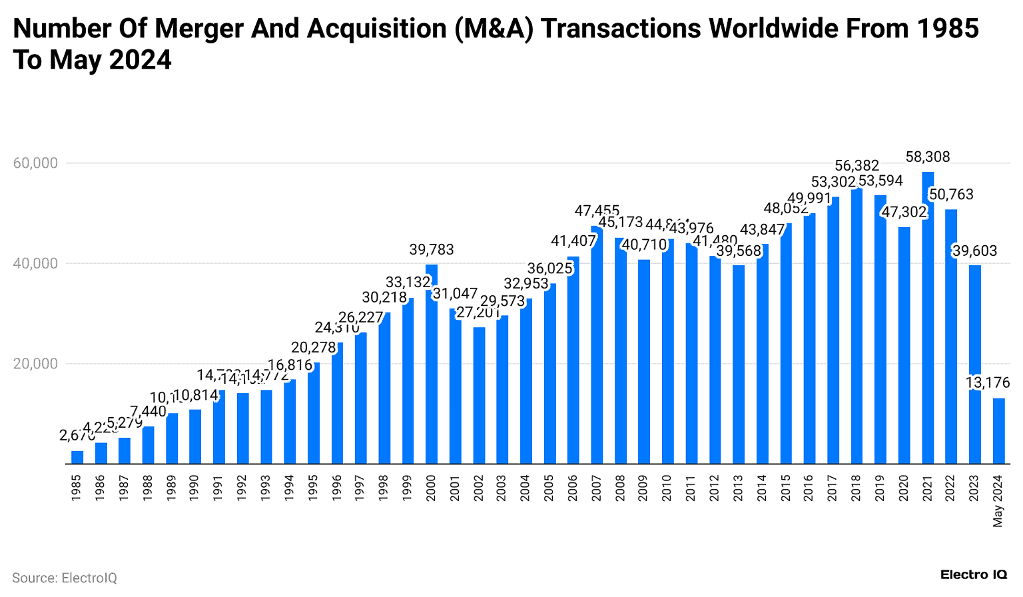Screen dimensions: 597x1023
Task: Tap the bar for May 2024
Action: point(998,430)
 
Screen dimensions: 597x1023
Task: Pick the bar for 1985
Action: point(77,457)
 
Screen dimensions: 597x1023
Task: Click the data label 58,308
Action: point(928,157)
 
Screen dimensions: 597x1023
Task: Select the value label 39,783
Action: point(432,250)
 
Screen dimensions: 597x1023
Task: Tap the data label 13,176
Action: point(988,383)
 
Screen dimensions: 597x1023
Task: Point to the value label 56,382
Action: point(857,166)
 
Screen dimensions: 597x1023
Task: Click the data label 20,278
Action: point(314,348)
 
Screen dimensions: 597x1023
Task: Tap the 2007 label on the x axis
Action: point(597,488)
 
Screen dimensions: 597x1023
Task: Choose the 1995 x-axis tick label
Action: point(314,488)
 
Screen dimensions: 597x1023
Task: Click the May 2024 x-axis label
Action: point(998,501)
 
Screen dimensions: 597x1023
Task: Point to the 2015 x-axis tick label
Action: point(786,488)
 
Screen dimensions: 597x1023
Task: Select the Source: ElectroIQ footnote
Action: point(64,578)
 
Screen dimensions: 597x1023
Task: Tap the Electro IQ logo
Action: point(973,574)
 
